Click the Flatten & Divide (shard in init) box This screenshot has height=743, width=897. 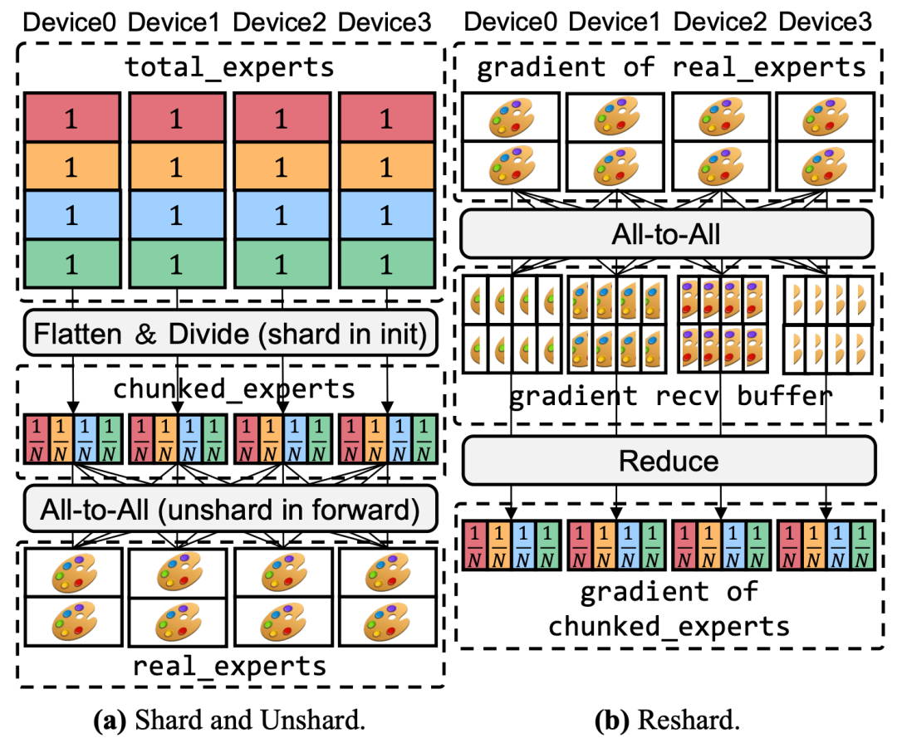(229, 335)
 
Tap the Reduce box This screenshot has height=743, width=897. (669, 460)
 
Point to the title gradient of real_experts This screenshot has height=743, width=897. (671, 68)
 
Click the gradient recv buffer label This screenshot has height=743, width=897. (669, 395)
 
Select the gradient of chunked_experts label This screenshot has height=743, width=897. (669, 608)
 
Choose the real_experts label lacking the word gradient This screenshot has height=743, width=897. (231, 665)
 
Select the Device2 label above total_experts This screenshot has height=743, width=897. (282, 22)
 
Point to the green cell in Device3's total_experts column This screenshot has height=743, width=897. (386, 264)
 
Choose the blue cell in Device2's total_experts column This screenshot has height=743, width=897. (283, 215)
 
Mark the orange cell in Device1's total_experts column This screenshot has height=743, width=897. (177, 167)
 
